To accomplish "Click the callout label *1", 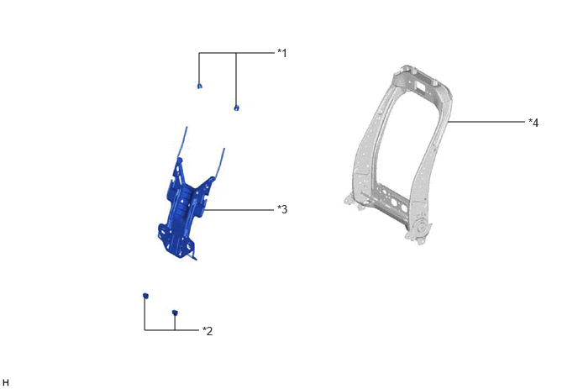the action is (282, 53).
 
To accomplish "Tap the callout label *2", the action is (208, 331).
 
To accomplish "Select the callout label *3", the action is (282, 209).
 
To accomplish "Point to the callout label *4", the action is (533, 123).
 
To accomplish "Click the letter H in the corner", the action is (6, 383).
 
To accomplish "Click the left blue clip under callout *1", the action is (199, 87).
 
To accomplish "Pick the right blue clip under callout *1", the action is (236, 108).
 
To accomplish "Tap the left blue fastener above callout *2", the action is (145, 296).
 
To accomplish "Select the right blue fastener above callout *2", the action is (175, 313).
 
